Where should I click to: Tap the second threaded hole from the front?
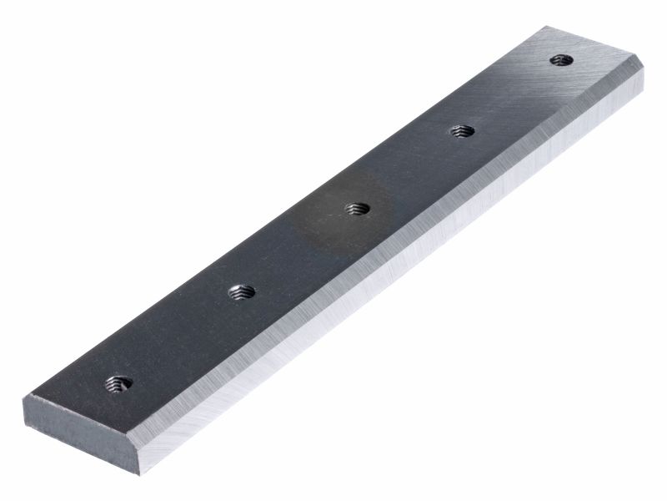coord(243,292)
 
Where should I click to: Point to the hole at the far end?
coord(562,59)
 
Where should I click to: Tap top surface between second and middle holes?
coord(300,250)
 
